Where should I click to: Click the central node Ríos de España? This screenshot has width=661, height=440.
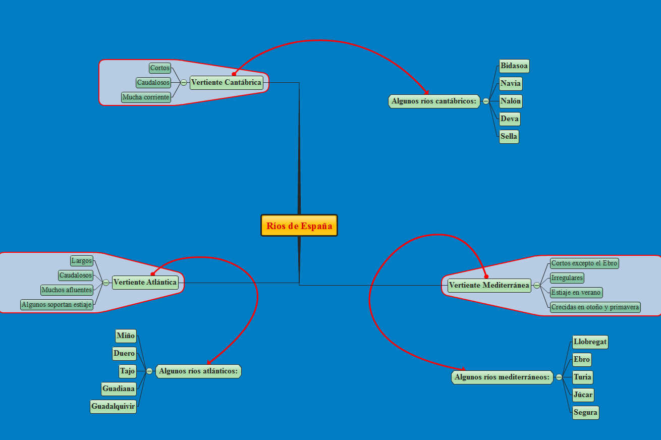pos(299,226)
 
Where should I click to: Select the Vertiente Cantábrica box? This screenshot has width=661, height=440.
pos(227,82)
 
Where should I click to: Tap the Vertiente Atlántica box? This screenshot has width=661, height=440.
pos(145,282)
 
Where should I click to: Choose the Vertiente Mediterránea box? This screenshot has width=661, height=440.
pos(489,285)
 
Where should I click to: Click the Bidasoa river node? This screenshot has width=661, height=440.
pos(514,66)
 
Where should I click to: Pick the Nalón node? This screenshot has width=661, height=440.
pos(511,101)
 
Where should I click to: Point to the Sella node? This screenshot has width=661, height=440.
pos(509,136)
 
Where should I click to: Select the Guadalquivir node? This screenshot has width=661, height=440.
pos(113,406)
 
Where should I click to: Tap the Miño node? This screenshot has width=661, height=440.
pos(126,336)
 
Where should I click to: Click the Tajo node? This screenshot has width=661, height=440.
pos(128,371)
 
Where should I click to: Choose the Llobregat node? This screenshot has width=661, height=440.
pos(590,342)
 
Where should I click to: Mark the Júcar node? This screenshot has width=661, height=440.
pos(583,395)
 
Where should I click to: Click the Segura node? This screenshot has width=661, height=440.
pos(585,412)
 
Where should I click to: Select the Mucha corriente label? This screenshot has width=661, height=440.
pos(146,97)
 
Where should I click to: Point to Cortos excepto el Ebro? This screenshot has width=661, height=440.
pos(584,263)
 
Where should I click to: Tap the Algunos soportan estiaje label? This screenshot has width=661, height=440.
pos(57,304)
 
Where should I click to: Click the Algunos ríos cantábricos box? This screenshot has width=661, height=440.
pos(434,101)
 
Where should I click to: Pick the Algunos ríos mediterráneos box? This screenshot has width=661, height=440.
pos(502,377)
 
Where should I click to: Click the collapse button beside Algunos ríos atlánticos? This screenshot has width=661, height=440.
pos(149,371)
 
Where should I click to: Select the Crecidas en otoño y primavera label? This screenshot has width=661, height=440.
pos(595,307)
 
